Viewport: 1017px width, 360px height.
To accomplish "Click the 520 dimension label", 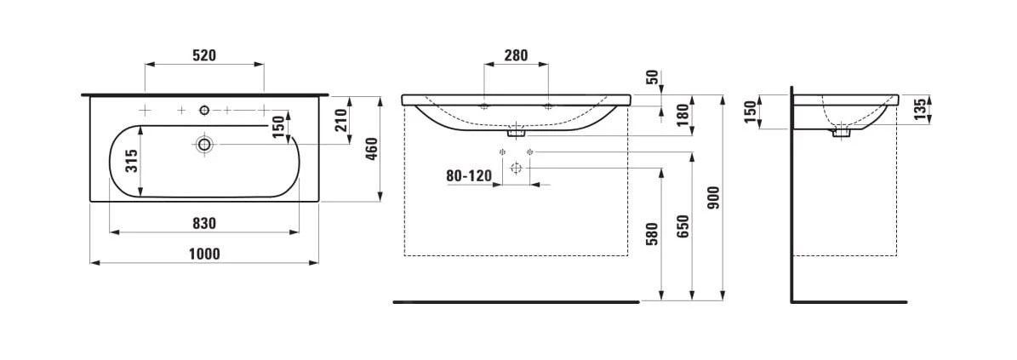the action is pyautogui.click(x=203, y=56).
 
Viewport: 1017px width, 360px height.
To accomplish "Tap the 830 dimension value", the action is pyautogui.click(x=203, y=223).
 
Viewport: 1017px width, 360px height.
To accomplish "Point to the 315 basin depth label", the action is pyautogui.click(x=132, y=159).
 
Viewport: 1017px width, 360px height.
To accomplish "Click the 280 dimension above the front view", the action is pyautogui.click(x=516, y=56).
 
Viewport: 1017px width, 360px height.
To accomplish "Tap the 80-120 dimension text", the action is pyautogui.click(x=469, y=176).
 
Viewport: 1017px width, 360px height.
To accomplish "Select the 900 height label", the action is pyautogui.click(x=713, y=197).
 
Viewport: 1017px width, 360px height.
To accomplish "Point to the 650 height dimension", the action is pyautogui.click(x=683, y=227).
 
